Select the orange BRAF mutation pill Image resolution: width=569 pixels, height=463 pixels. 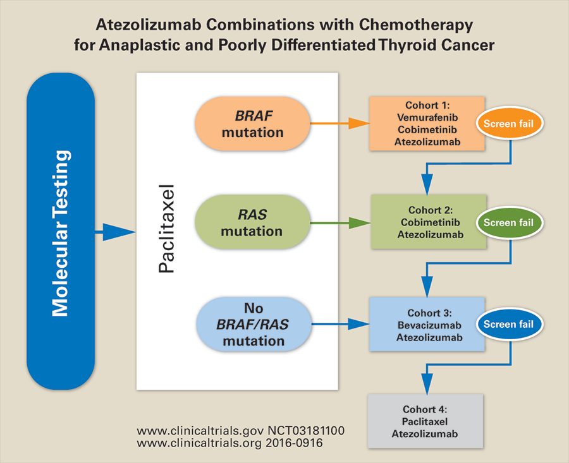point(252,124)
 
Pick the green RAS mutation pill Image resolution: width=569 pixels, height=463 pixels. point(252,222)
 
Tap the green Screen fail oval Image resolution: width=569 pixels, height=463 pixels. point(508,222)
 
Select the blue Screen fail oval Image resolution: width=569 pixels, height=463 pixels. point(508,325)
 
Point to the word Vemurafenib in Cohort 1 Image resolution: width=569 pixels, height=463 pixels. point(427,117)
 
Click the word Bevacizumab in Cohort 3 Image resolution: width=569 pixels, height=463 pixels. point(427,325)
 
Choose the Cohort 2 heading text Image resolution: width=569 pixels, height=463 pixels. point(427,210)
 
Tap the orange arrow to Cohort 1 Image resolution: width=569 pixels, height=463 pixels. point(339,124)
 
